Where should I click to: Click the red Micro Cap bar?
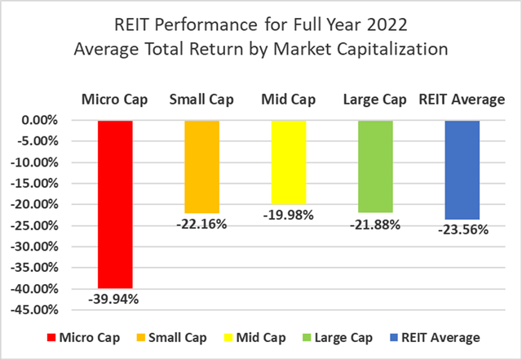115,203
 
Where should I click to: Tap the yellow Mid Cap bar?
288,162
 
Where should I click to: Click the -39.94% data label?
115,299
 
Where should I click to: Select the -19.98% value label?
288,216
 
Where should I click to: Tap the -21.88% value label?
374,224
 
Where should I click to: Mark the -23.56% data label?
462,230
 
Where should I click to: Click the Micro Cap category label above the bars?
115,100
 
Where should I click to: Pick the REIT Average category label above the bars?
462,100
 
